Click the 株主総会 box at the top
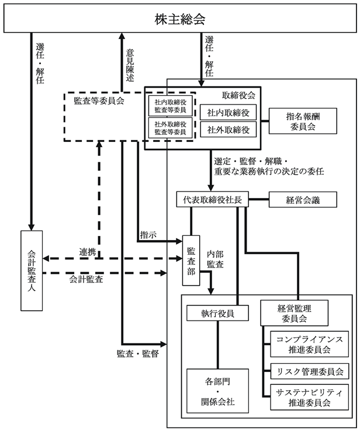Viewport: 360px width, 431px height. tap(180, 18)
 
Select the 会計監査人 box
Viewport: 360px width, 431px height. tap(32, 270)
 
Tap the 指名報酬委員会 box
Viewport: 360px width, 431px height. tap(303, 121)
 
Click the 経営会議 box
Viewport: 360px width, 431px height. tap(303, 200)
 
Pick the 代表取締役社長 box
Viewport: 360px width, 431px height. tap(212, 199)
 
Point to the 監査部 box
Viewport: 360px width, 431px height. tap(191, 260)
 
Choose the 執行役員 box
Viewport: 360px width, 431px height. tap(217, 313)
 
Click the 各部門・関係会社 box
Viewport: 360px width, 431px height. tap(217, 391)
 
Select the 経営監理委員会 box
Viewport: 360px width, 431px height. tap(295, 313)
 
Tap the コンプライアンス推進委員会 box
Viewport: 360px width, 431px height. tap(309, 344)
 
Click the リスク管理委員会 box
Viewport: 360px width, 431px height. tap(309, 371)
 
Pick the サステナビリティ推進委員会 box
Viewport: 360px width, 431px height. tap(309, 397)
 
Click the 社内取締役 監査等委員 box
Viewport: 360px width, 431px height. tap(170, 106)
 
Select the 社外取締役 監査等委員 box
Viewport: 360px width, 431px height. tap(170, 128)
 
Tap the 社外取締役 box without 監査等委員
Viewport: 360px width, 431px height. tap(229, 130)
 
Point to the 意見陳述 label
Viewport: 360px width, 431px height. tap(130, 65)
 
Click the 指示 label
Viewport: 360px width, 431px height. tap(148, 235)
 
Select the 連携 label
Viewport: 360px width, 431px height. tap(88, 252)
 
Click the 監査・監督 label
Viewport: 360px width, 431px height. tap(138, 353)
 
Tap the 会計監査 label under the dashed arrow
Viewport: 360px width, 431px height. tap(86, 279)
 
